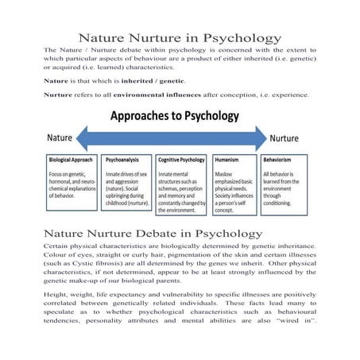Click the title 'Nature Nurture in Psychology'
[179, 37]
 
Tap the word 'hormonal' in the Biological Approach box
[61, 180]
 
